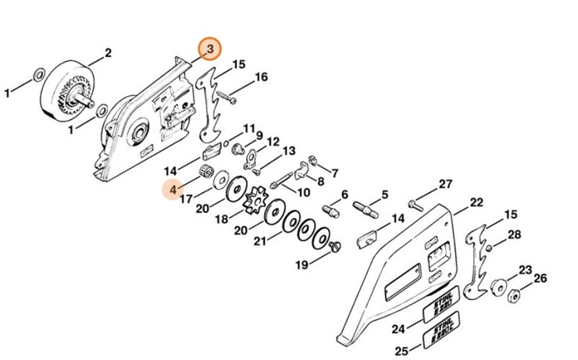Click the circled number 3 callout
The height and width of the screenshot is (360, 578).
(209, 49)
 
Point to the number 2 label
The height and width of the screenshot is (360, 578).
(108, 53)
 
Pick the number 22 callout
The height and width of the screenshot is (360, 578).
(476, 202)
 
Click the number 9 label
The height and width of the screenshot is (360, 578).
(259, 136)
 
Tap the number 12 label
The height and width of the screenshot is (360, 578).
(273, 141)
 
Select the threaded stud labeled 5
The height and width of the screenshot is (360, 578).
(367, 209)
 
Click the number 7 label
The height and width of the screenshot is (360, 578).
(334, 173)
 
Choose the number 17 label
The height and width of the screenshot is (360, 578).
(186, 200)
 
